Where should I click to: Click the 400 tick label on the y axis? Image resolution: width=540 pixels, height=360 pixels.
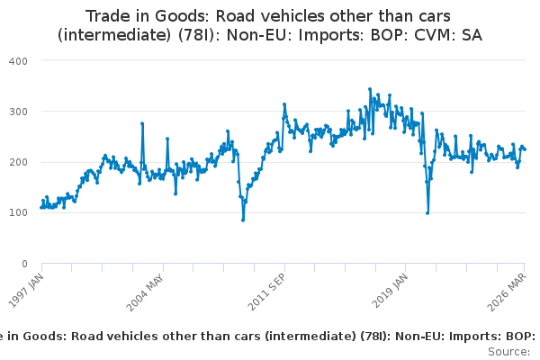(x=18, y=61)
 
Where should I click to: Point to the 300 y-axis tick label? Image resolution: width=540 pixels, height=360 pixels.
(x=18, y=112)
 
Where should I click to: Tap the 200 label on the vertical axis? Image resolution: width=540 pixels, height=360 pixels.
(x=18, y=162)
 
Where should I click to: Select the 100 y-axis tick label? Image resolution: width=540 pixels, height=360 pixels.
(x=18, y=212)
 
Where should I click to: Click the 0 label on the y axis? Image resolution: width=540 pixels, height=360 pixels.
(x=24, y=264)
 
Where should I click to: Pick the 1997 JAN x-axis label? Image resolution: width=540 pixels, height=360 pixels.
(x=26, y=290)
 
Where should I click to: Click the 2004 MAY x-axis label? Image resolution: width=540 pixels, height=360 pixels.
(x=145, y=292)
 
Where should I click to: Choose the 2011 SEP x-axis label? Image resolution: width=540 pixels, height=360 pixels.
(x=266, y=292)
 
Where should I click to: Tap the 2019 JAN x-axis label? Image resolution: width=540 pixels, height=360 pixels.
(x=390, y=291)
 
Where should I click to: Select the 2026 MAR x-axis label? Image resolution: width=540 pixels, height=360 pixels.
(x=507, y=292)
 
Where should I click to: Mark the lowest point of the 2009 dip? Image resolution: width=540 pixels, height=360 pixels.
(x=243, y=220)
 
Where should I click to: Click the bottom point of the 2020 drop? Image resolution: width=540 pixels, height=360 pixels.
(x=427, y=213)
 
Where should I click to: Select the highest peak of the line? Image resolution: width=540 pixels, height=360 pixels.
(x=370, y=89)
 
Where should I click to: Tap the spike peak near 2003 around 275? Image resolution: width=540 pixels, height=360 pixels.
(x=142, y=123)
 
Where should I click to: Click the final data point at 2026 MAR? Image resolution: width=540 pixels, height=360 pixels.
(x=525, y=149)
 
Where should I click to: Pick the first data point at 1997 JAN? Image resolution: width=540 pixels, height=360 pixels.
(x=41, y=207)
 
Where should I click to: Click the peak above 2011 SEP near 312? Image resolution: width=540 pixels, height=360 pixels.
(x=284, y=104)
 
